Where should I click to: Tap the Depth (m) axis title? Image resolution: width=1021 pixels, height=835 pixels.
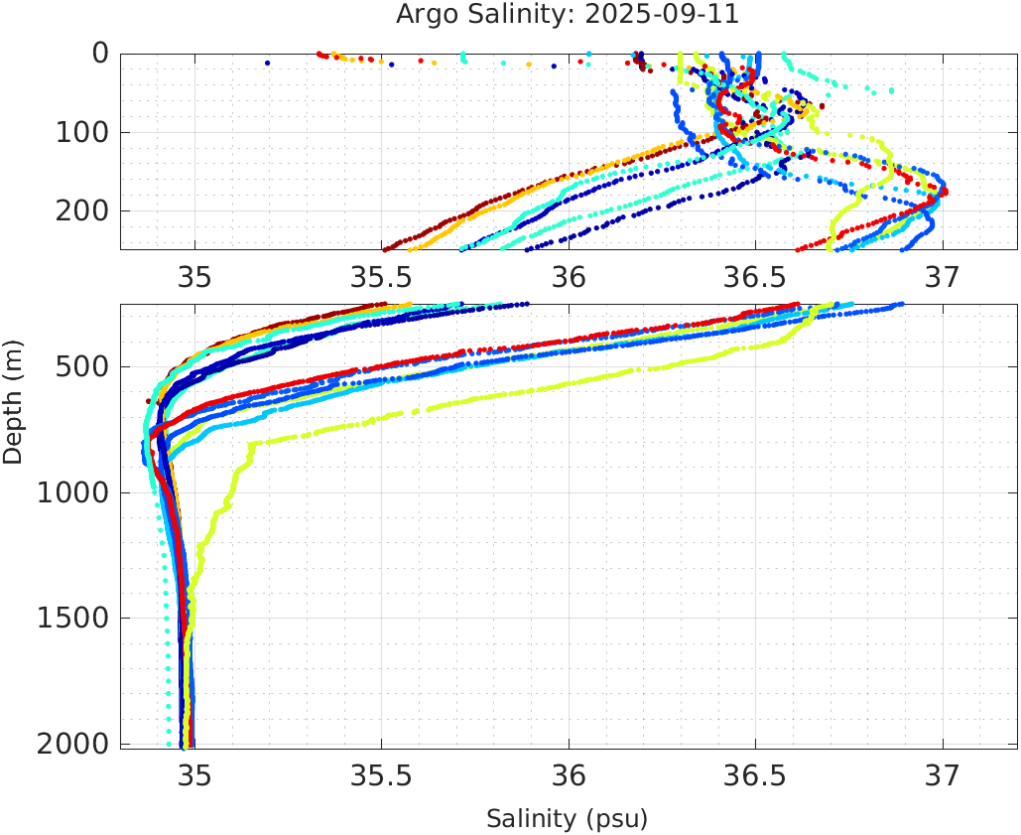pyautogui.click(x=13, y=399)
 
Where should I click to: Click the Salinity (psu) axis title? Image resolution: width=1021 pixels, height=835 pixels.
pyautogui.click(x=567, y=819)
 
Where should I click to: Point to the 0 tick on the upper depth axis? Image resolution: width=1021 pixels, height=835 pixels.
pyautogui.click(x=100, y=54)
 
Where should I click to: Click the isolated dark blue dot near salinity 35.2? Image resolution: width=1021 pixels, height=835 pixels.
pyautogui.click(x=267, y=64)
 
